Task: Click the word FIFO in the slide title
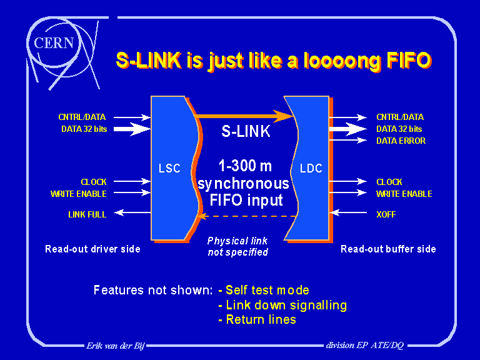[406, 61]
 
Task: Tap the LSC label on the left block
[170, 167]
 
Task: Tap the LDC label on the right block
[311, 168]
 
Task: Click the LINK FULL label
[87, 214]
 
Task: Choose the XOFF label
[386, 214]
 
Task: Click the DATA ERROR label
[401, 141]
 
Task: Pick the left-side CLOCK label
[94, 182]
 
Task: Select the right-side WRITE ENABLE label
[404, 194]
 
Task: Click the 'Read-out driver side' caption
[92, 249]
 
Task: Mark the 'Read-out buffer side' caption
[388, 249]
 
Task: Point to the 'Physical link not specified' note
[237, 246]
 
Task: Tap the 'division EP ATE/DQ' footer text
[364, 345]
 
